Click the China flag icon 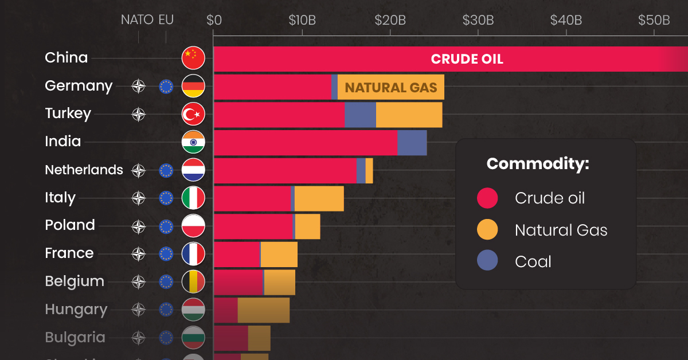coord(193,58)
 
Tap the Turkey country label coord(68,114)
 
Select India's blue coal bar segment coord(412,143)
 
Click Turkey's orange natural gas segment coord(409,115)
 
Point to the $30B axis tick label coord(478,20)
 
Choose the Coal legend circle coord(487,262)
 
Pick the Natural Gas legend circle coord(487,230)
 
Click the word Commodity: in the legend coord(538,164)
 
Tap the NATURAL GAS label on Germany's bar coord(391,88)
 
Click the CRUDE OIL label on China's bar coord(467,59)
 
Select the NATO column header coord(137,20)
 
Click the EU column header coord(166,20)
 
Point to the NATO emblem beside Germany coord(139,87)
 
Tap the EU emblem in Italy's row coord(166,198)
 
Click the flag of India coord(193,142)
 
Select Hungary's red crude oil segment coord(225,310)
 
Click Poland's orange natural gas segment coord(307,226)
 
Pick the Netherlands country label coord(84,170)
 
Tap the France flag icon coord(193,254)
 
